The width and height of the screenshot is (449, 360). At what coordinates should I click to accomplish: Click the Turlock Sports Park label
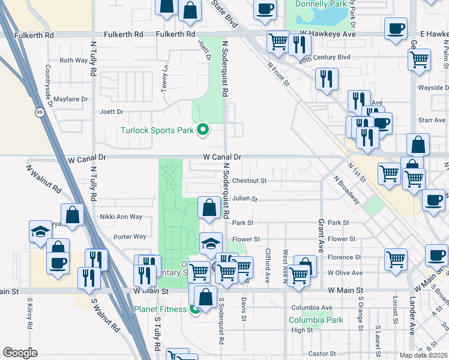(157, 130)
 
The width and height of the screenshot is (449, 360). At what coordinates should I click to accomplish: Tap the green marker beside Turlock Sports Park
(203, 130)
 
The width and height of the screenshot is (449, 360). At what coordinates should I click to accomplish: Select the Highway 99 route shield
(38, 112)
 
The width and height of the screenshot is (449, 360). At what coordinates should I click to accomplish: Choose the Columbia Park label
(316, 320)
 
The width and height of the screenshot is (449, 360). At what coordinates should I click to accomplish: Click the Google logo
(20, 353)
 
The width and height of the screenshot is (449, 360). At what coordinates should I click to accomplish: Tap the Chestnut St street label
(249, 181)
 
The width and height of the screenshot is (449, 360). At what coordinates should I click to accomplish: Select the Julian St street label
(245, 199)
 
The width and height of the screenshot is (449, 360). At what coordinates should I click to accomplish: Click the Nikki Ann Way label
(121, 217)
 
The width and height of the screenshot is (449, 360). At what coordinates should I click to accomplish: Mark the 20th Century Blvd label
(325, 57)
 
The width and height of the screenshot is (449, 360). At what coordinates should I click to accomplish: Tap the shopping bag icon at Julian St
(209, 208)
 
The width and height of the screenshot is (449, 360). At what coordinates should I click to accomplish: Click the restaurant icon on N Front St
(326, 79)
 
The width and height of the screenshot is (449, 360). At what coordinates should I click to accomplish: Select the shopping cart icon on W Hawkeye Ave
(277, 41)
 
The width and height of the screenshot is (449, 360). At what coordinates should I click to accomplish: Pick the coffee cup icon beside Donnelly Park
(264, 8)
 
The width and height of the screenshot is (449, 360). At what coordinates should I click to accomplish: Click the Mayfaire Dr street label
(71, 99)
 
